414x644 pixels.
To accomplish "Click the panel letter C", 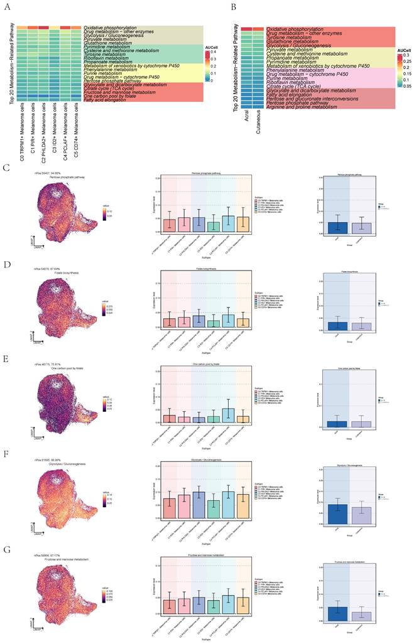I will (6, 168).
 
